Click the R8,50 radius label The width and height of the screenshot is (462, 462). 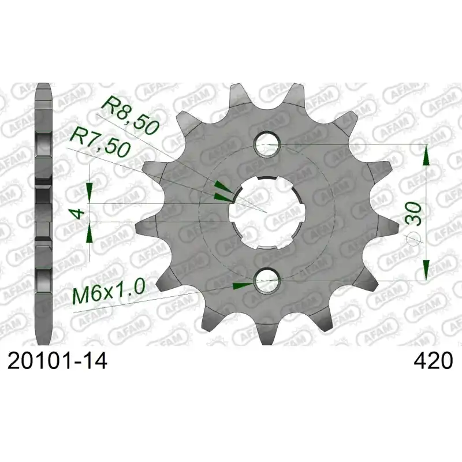point(130,115)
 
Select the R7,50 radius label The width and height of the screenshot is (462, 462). point(99,141)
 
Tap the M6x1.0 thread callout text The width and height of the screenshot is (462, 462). point(109,292)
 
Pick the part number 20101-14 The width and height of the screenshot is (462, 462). point(57,362)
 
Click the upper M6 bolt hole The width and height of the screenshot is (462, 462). point(267,145)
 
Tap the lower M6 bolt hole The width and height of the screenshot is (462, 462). point(267,281)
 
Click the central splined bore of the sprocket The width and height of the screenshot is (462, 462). point(267,213)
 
